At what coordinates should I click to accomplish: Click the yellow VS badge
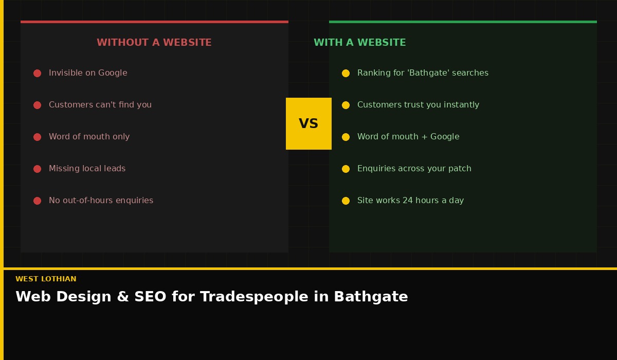pos(308,123)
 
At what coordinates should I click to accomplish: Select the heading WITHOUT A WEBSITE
pos(154,43)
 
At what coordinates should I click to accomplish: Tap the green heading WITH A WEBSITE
pos(360,43)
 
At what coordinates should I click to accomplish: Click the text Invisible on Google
pos(88,73)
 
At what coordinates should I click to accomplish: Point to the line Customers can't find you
pos(100,105)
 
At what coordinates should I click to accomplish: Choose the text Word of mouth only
pos(89,137)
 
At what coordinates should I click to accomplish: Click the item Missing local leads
pos(87,169)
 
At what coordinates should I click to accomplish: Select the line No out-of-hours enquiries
pos(101,201)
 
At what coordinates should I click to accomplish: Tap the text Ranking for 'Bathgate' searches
pos(423,73)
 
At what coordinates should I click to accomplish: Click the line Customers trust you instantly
pos(418,105)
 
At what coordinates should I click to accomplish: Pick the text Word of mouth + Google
pos(408,137)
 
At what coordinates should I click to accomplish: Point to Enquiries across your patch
pos(414,169)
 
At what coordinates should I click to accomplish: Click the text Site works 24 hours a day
pos(410,201)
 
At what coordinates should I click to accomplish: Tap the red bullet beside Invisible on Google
pos(37,73)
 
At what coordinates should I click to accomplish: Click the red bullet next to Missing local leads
pos(37,169)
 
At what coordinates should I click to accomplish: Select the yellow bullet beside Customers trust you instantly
pos(346,105)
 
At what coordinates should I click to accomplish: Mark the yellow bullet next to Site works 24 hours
pos(346,201)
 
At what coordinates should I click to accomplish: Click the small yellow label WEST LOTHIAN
pos(46,279)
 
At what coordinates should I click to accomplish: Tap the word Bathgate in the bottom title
pos(371,297)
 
